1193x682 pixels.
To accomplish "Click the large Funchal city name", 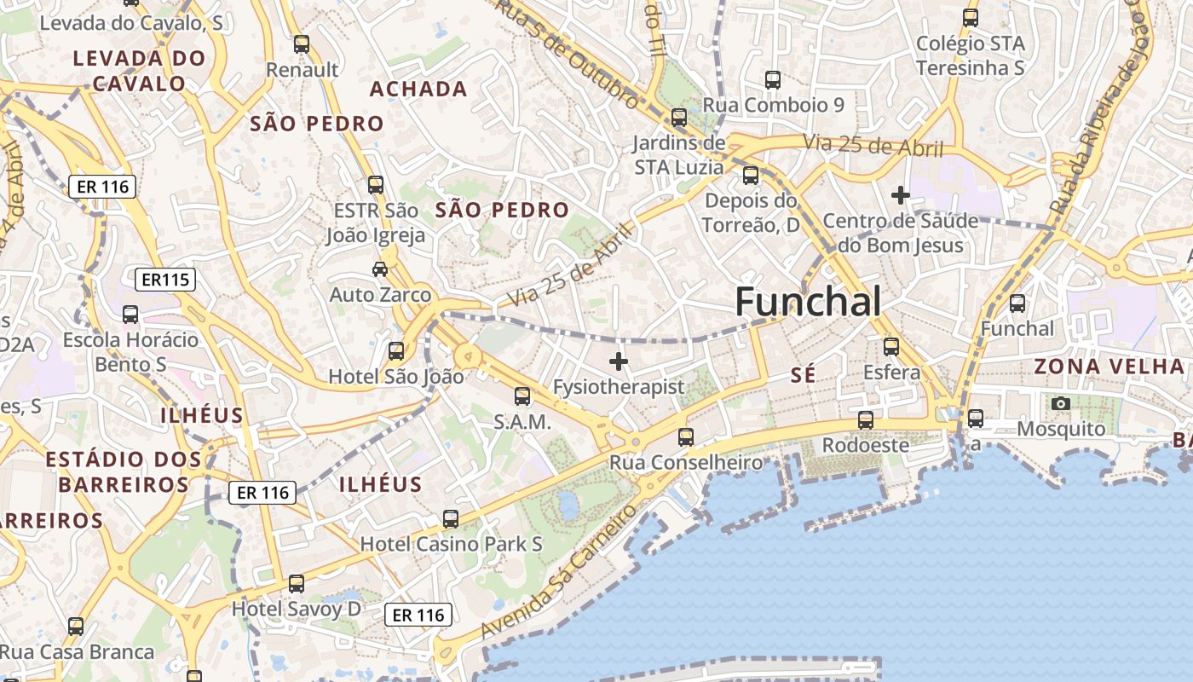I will coord(808,302).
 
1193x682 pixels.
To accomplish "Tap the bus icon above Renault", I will coord(302,44).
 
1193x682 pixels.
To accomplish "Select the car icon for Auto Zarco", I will coord(380,269).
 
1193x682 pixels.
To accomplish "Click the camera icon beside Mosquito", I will coord(1061,403).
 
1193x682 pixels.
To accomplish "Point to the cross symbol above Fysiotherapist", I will coord(619,361).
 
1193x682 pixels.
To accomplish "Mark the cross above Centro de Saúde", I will coord(900,195).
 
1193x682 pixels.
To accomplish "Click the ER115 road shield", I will coord(165,279).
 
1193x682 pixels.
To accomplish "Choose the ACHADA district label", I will coord(418,89).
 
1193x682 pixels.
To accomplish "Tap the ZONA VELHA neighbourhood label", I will coord(1109,367).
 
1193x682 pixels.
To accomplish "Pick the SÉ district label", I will coord(803,374).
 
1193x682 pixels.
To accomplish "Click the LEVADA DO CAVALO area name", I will coord(140,71).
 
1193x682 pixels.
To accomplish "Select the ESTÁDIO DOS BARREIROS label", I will coord(124,471).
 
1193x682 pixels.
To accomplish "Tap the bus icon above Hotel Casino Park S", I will coord(451,518).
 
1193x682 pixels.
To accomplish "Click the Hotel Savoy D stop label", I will coord(297,609).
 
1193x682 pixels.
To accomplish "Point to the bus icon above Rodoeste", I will coord(866,420).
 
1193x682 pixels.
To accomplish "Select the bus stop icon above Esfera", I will coord(891,346).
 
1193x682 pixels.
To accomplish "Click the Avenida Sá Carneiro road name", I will coord(560,571).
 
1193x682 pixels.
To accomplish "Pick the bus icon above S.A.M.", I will coord(522,396).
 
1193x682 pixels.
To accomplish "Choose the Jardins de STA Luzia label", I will coord(679,154).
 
